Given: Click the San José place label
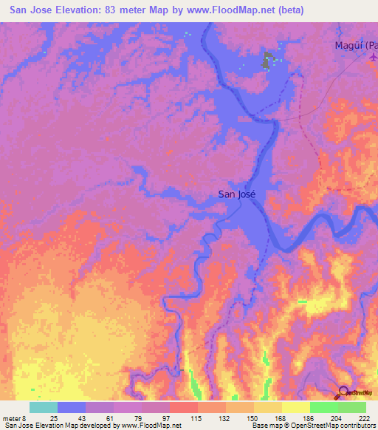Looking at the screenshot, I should pos(236,194).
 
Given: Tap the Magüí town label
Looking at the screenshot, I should pos(353,45).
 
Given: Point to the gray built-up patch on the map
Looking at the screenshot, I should pos(266,62).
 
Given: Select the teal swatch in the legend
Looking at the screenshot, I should pos(43,407).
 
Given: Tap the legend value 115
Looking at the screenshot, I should pos(196,417).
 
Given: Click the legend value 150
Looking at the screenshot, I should pos(252,417).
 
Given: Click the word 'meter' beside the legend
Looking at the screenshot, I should pos(14,417).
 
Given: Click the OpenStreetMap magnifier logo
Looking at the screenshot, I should pos(344,392).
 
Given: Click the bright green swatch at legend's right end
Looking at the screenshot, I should pos(352,407).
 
